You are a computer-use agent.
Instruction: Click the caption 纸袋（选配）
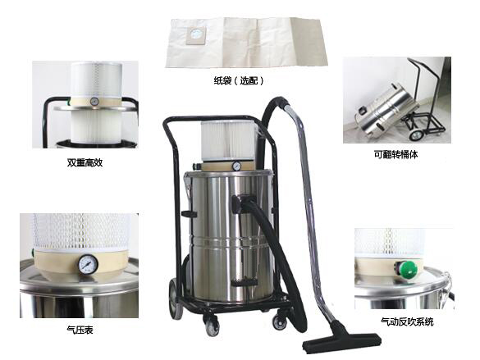[x=239, y=80]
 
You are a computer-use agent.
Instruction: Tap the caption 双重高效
[x=85, y=162]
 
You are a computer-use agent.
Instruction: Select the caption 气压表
[x=80, y=330]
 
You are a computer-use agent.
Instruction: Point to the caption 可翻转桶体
[x=395, y=154]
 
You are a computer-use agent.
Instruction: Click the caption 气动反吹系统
[x=407, y=321]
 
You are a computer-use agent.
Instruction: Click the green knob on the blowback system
[x=409, y=270]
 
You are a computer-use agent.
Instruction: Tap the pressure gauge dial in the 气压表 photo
[x=88, y=265]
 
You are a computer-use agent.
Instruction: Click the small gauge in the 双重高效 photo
[x=94, y=102]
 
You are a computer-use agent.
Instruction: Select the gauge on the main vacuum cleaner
[x=236, y=166]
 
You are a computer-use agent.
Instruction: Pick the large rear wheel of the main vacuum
[x=176, y=300]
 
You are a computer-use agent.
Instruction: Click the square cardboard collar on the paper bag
[x=197, y=34]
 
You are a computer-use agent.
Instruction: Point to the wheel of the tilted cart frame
[x=415, y=134]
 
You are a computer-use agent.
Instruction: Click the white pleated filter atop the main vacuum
[x=228, y=141]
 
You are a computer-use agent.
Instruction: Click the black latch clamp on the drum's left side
[x=188, y=214]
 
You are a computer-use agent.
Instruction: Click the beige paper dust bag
[x=247, y=42]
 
